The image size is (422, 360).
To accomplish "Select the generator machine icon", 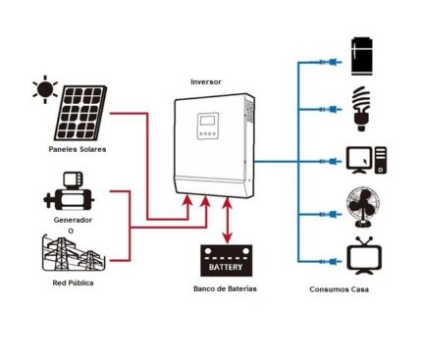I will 68,193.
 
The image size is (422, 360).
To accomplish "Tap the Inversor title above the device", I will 207,81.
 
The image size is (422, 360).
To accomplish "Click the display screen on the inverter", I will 207,125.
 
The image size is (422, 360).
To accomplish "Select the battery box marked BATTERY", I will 228,262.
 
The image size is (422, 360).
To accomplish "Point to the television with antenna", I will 363,254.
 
